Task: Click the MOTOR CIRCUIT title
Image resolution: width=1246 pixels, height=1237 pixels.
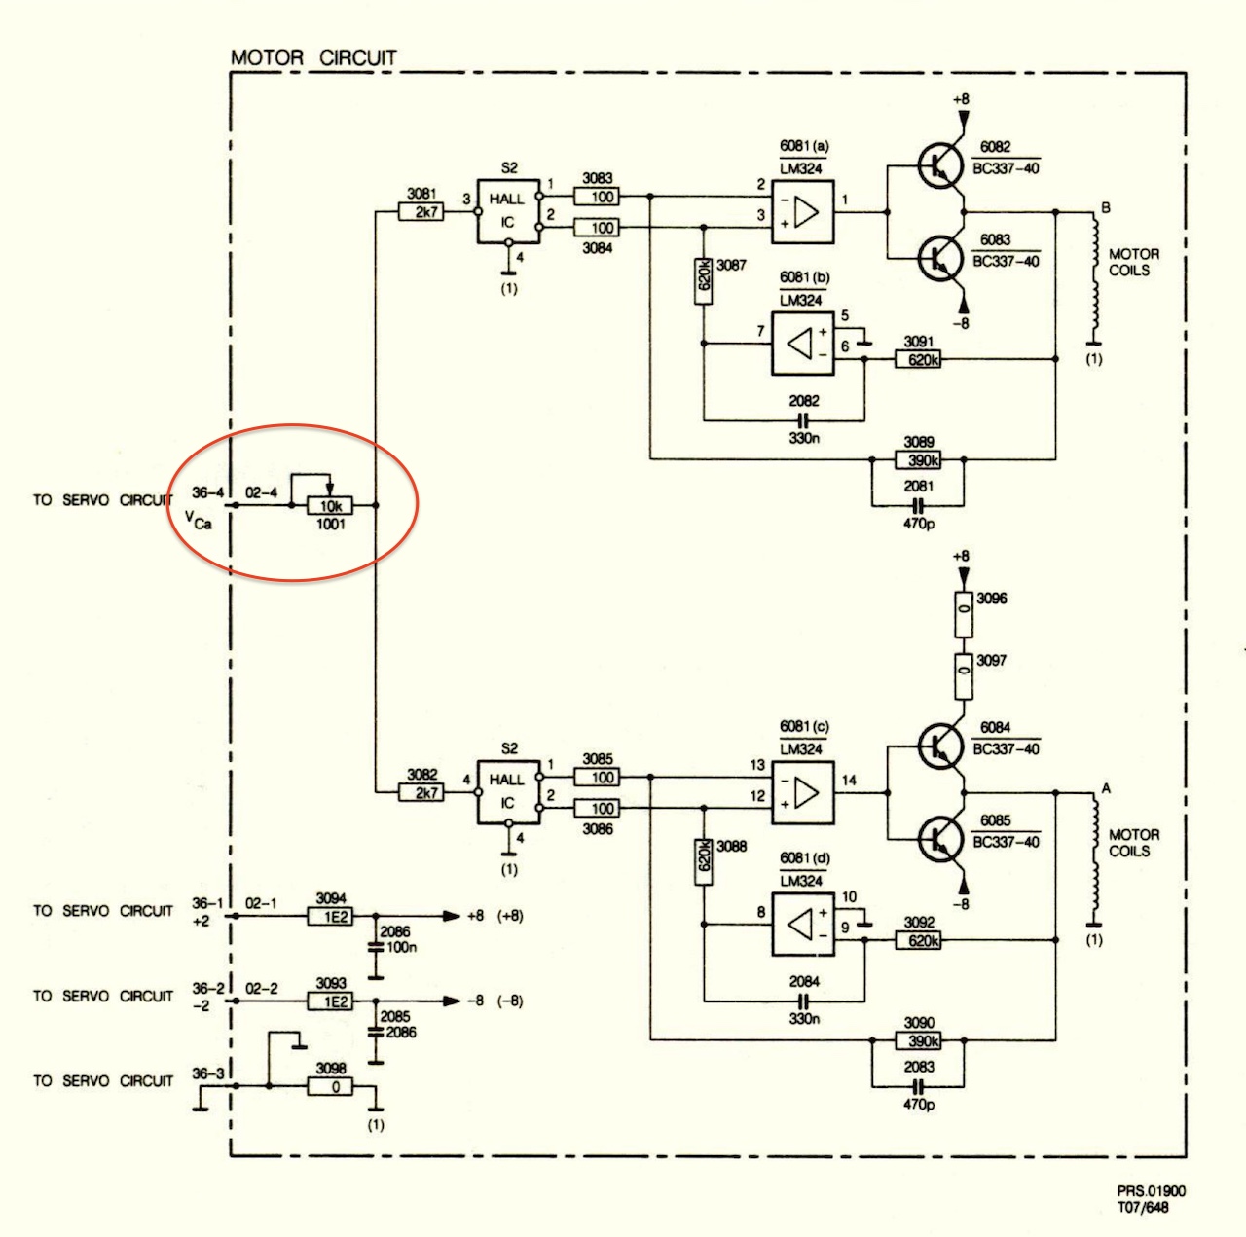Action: (x=313, y=58)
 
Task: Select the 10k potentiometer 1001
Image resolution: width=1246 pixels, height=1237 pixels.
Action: (x=330, y=505)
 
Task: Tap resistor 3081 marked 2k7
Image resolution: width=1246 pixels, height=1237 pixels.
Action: (x=421, y=211)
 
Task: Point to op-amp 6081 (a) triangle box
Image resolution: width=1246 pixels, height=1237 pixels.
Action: (x=802, y=211)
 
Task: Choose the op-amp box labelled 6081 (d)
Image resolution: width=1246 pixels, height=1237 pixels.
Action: (x=802, y=925)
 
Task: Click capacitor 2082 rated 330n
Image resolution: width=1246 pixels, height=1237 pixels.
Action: (x=803, y=421)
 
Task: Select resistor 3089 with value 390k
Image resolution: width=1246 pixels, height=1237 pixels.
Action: (x=918, y=459)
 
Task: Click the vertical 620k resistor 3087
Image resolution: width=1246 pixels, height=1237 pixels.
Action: (x=704, y=281)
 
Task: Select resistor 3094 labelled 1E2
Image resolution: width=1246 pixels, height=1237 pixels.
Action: (x=330, y=916)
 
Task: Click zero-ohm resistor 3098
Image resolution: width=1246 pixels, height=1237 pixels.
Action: (x=330, y=1086)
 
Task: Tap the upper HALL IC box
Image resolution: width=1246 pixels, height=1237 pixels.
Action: (x=508, y=211)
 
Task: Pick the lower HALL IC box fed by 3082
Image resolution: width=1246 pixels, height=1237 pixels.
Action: (x=508, y=792)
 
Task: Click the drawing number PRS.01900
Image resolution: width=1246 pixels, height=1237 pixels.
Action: (x=1151, y=1190)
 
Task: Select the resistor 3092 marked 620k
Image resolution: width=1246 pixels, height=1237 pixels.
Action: (x=918, y=940)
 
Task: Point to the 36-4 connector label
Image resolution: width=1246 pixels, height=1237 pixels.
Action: (x=207, y=492)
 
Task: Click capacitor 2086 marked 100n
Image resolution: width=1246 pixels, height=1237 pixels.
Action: (x=376, y=947)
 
